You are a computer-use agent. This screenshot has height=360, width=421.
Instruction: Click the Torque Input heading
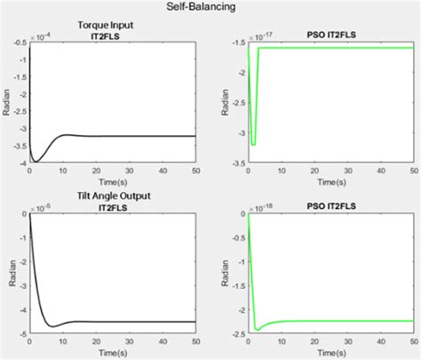pos(111,25)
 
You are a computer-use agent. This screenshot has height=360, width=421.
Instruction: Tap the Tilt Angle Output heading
pos(111,196)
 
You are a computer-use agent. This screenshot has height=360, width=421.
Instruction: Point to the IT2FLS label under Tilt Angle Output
pos(111,205)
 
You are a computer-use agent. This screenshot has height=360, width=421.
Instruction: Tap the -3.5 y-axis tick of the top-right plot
pos(238,164)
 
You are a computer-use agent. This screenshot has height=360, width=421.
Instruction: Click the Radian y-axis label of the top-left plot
pos(7,103)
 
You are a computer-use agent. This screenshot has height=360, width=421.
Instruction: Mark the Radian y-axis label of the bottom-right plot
pos(225,274)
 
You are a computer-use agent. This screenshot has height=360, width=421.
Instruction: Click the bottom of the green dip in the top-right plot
pos(253,143)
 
